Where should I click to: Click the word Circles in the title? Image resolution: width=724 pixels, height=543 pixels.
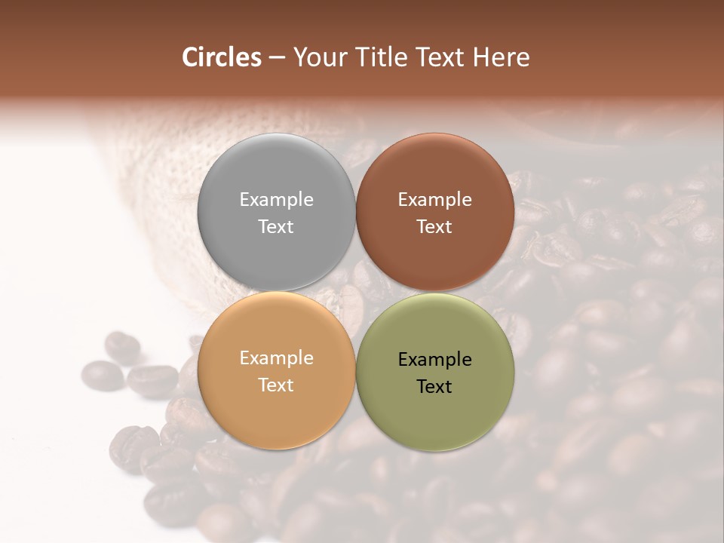tap(222, 57)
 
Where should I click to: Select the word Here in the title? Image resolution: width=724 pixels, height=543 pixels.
tap(501, 57)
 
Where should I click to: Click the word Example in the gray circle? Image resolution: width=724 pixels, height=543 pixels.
tap(276, 200)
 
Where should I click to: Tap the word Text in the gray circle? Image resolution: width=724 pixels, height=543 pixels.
tap(276, 226)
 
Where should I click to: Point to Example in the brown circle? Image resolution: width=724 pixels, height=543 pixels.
tap(435, 200)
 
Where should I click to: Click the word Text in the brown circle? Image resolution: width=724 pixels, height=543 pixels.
tap(435, 226)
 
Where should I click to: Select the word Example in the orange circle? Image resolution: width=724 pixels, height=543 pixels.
tap(276, 358)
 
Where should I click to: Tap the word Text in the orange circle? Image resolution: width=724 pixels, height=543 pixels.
tap(276, 385)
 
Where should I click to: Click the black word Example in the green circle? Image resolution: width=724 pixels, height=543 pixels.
tap(435, 360)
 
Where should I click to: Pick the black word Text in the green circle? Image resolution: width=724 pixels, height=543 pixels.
tap(435, 386)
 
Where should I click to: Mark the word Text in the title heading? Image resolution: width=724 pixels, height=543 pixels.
tap(438, 57)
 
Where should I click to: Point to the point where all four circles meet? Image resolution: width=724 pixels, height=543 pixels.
tap(356, 292)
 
